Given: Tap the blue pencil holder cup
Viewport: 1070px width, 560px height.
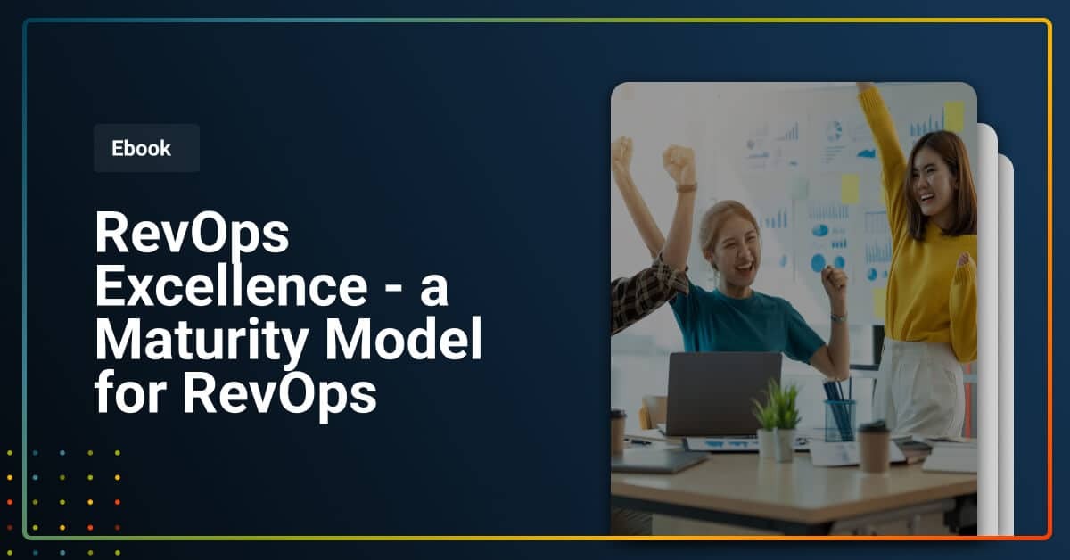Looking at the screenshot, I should point(839,420).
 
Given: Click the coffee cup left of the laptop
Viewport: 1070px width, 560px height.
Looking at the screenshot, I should point(618,432).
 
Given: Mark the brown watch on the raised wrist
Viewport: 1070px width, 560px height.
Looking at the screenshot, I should point(686,187).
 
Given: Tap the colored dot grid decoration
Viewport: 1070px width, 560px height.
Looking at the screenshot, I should point(62,490).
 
